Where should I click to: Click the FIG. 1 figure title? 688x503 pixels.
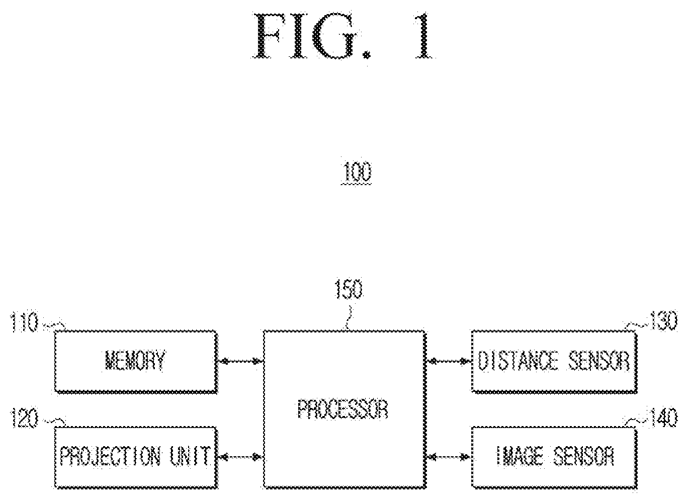tap(343, 36)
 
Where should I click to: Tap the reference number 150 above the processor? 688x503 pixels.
tap(349, 289)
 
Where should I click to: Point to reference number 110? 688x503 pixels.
tap(25, 322)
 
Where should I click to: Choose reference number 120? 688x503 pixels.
tap(25, 418)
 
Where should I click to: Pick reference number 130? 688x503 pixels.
tap(663, 321)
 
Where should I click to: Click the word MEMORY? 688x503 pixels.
tap(135, 361)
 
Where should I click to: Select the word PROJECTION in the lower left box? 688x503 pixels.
tap(110, 456)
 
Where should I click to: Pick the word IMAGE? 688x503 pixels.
tap(520, 456)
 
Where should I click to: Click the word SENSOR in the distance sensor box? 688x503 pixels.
tap(599, 361)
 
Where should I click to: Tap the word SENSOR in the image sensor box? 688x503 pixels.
tap(583, 456)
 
